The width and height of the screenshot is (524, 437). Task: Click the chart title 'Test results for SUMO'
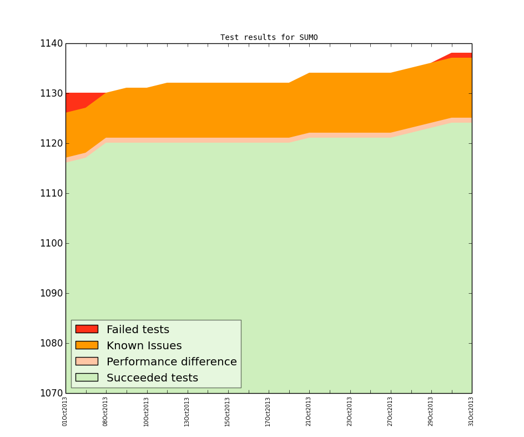[269, 38]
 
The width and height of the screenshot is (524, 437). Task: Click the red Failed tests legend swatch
[87, 329]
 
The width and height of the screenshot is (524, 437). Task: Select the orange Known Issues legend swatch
[87, 345]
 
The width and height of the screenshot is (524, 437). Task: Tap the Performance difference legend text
[172, 362]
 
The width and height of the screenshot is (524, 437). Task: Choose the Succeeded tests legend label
[152, 378]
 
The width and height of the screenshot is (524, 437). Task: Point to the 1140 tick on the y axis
[50, 44]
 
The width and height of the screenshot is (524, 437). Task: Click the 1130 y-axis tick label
[50, 94]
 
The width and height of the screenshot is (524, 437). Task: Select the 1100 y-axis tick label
[50, 244]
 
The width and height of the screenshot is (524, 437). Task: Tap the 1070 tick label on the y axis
[50, 393]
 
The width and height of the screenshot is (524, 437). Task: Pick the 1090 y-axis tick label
[50, 294]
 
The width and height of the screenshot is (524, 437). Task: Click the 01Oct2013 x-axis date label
[65, 411]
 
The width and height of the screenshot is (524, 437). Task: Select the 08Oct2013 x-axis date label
[105, 411]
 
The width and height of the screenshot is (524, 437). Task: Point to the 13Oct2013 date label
[187, 411]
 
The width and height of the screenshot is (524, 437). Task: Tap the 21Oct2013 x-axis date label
[309, 411]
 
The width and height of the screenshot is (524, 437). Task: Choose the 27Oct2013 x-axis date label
[390, 411]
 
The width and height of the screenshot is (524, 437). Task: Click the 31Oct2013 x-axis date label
[471, 411]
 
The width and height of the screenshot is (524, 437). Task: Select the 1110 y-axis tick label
[50, 194]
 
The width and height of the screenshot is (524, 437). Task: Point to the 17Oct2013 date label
[269, 411]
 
